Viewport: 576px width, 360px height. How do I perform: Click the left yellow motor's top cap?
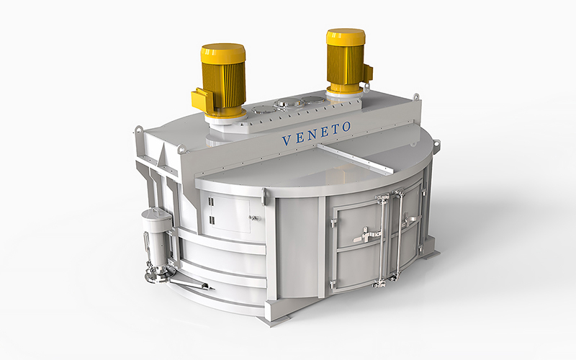click(223, 53)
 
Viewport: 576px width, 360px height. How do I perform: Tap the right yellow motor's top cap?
click(346, 36)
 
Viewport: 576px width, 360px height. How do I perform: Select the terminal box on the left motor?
click(202, 99)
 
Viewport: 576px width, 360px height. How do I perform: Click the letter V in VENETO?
click(287, 140)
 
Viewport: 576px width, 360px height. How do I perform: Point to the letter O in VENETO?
click(346, 127)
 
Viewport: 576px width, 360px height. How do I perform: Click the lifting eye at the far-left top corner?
click(138, 130)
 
